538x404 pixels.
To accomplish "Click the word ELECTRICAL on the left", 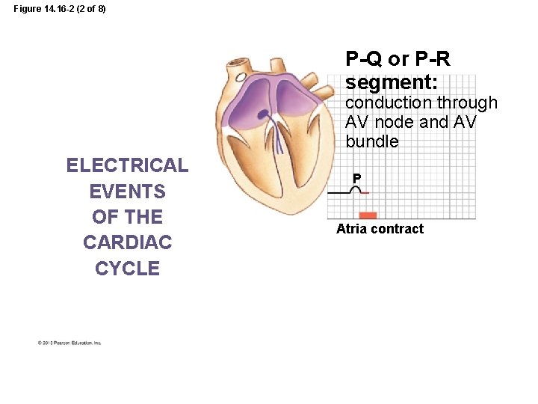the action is point(127,165).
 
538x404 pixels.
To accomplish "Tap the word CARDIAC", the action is point(127,242).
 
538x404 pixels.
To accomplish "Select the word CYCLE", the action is point(127,269).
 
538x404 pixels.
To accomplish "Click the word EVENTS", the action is point(127,192).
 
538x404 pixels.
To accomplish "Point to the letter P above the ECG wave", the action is point(357,178).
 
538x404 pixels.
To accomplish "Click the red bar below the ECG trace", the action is point(368,215).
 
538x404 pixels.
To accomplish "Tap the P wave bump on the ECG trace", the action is point(357,189).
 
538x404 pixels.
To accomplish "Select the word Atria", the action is point(352,229).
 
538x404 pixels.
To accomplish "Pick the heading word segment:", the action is point(392,80).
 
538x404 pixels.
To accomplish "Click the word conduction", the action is point(389,102).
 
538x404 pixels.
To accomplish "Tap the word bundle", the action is point(372,141).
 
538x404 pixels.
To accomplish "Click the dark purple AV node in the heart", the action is point(265,114).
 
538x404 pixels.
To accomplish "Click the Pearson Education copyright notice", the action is point(69,343).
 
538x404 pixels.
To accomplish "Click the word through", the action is point(467,102).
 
